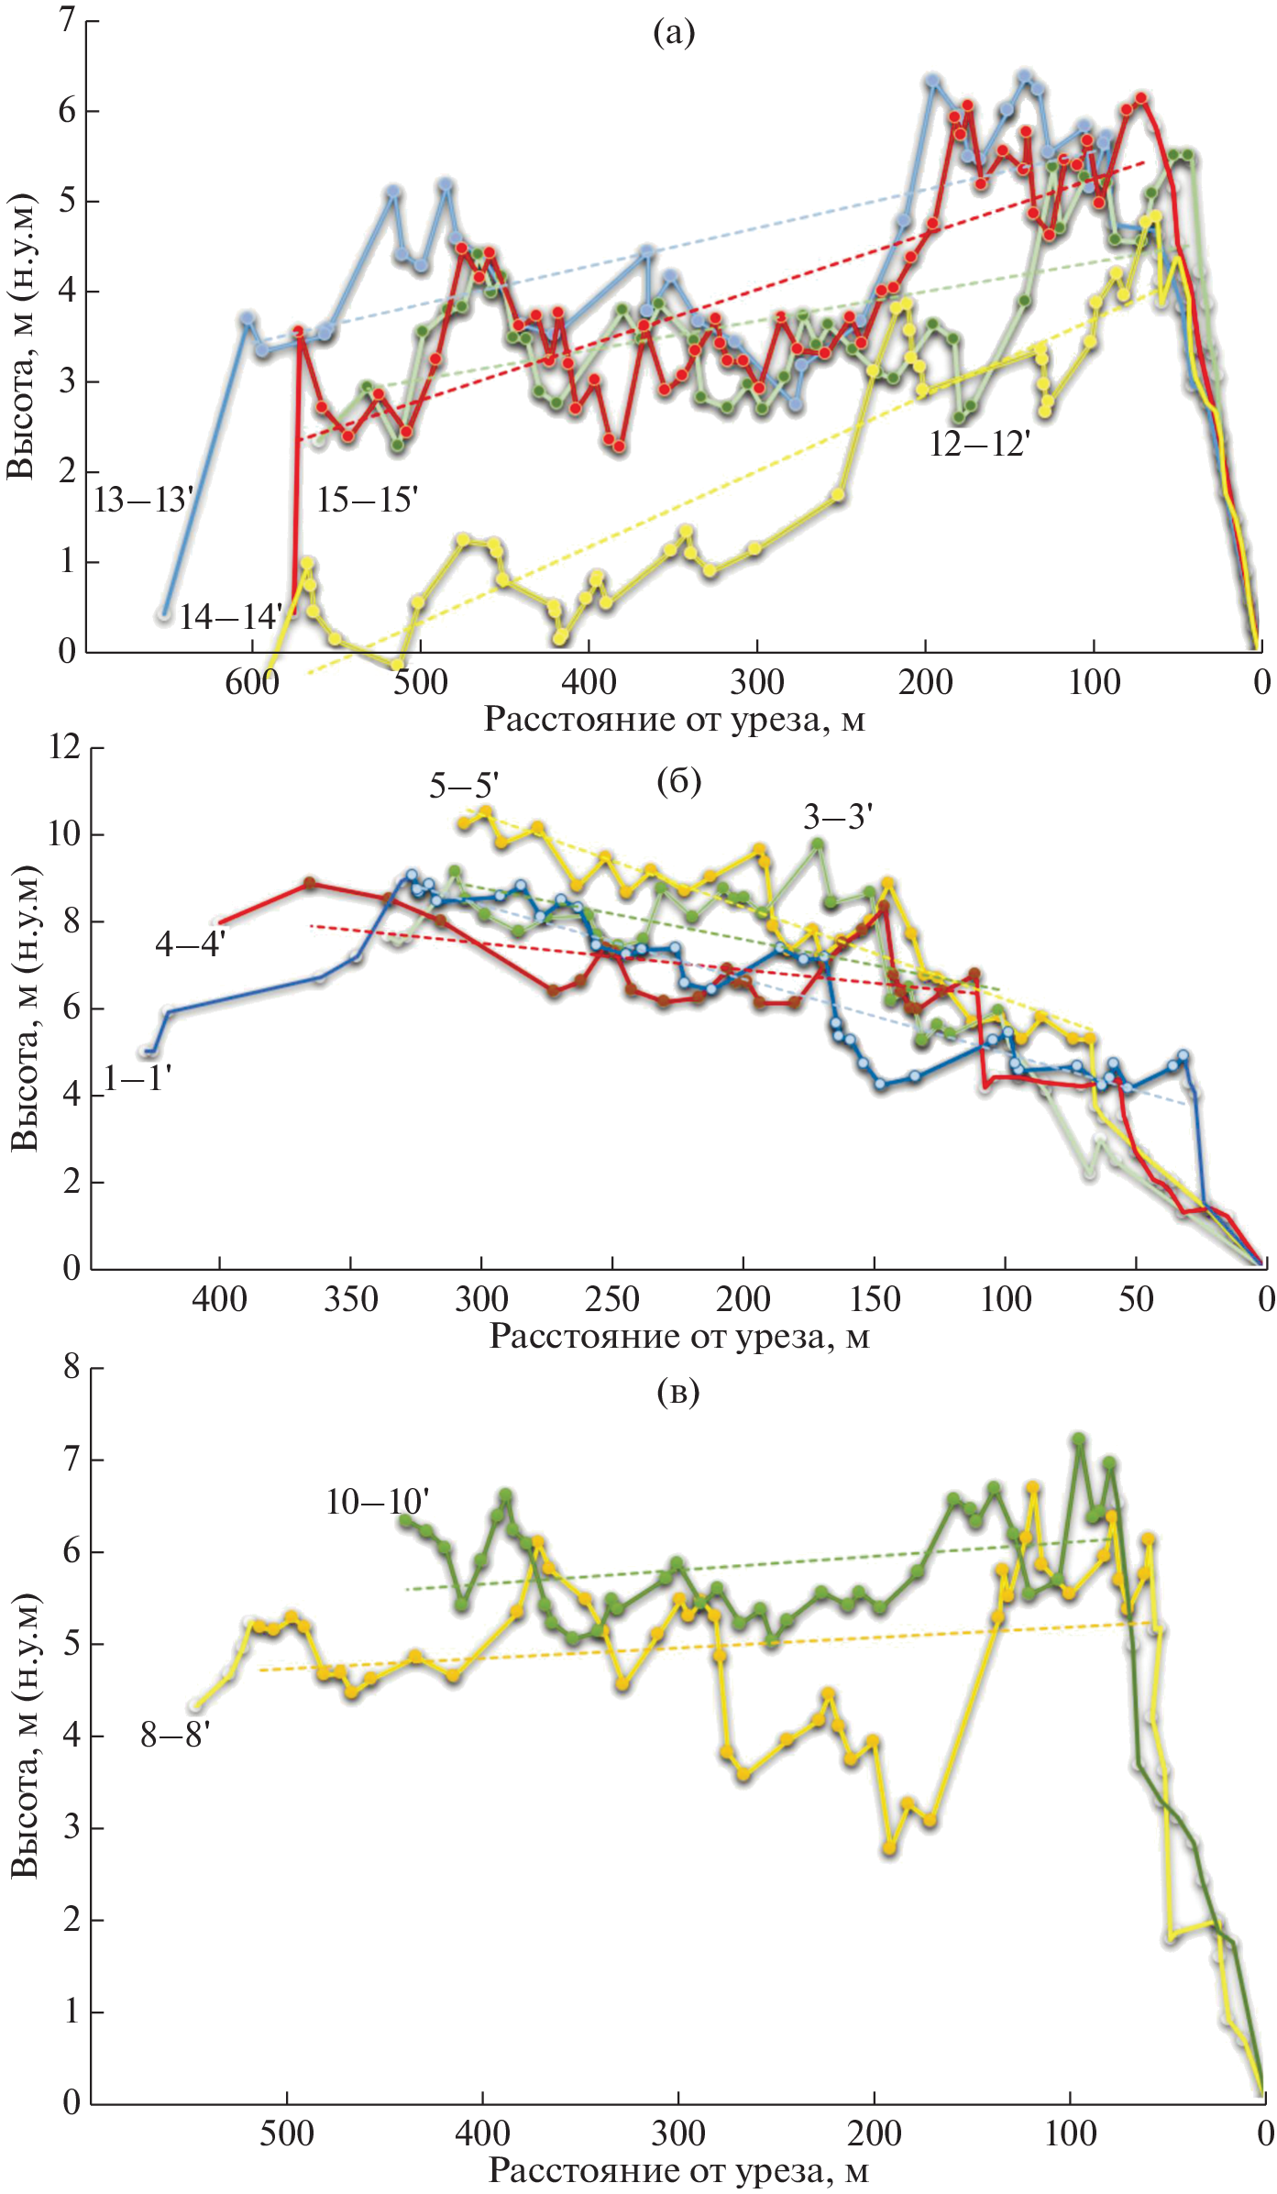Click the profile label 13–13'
coord(143,501)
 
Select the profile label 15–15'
coord(367,500)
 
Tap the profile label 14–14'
coord(229,617)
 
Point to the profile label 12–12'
coord(979,445)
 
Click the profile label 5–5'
coord(464,786)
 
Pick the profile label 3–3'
coord(837,816)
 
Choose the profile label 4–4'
coord(190,943)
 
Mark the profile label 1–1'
coord(138,1079)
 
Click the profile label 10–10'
coord(377,1501)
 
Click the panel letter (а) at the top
coord(674,33)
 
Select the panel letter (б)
coord(678,781)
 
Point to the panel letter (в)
coord(678,1392)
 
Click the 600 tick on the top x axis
coord(252,682)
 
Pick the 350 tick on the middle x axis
coord(350,1299)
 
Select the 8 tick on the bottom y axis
coord(72,1367)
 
